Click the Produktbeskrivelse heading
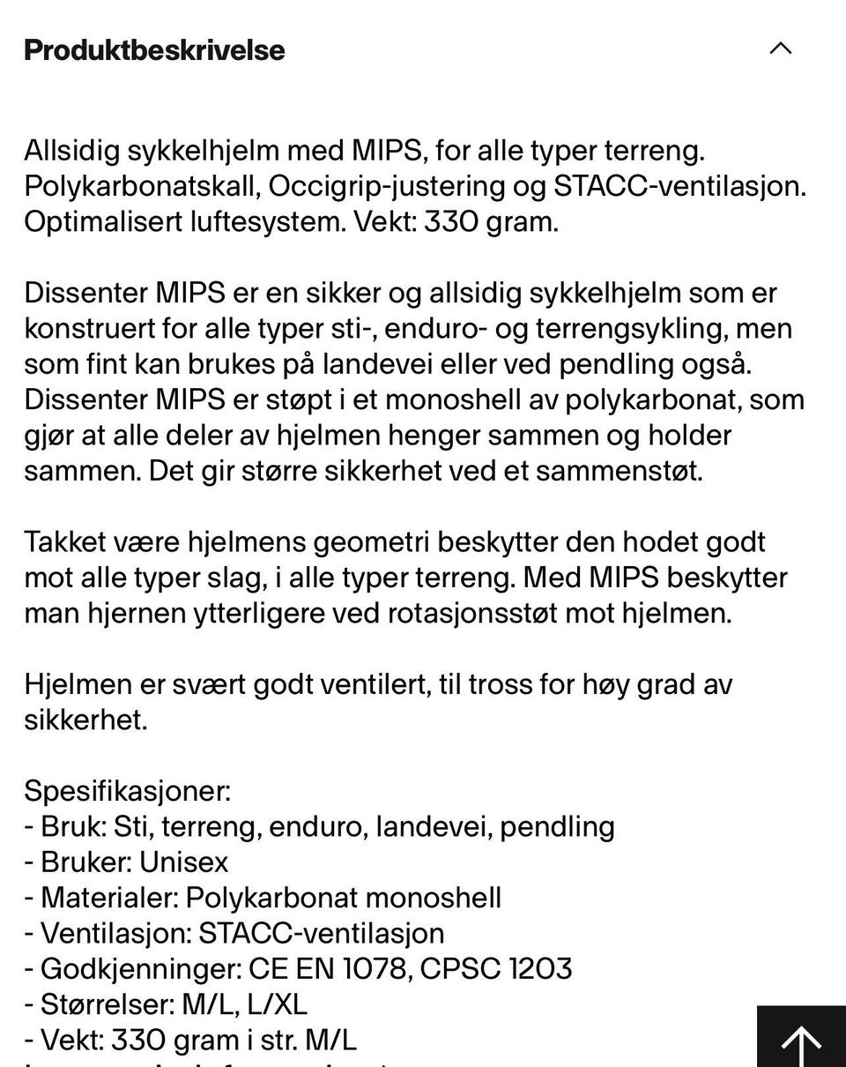(x=154, y=50)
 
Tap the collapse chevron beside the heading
(x=780, y=48)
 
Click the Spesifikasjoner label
(x=127, y=791)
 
